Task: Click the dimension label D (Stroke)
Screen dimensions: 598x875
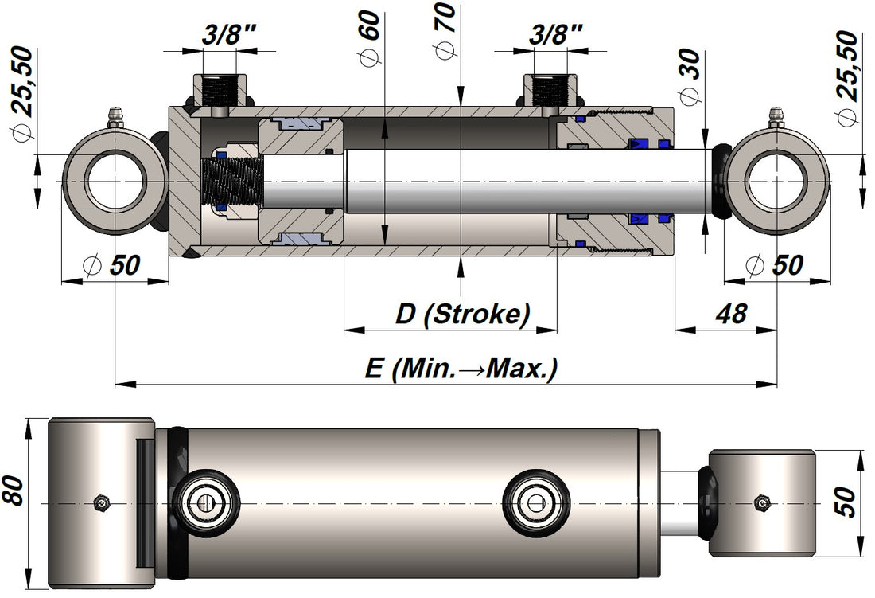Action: pyautogui.click(x=462, y=314)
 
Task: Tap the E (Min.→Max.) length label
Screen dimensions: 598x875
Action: pyautogui.click(x=461, y=368)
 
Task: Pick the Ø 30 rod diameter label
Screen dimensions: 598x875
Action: pyautogui.click(x=689, y=76)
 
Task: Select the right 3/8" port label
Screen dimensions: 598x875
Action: pyautogui.click(x=556, y=34)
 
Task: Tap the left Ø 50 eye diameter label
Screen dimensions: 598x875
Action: pyautogui.click(x=114, y=265)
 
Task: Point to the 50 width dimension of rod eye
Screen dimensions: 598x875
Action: pyautogui.click(x=847, y=502)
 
